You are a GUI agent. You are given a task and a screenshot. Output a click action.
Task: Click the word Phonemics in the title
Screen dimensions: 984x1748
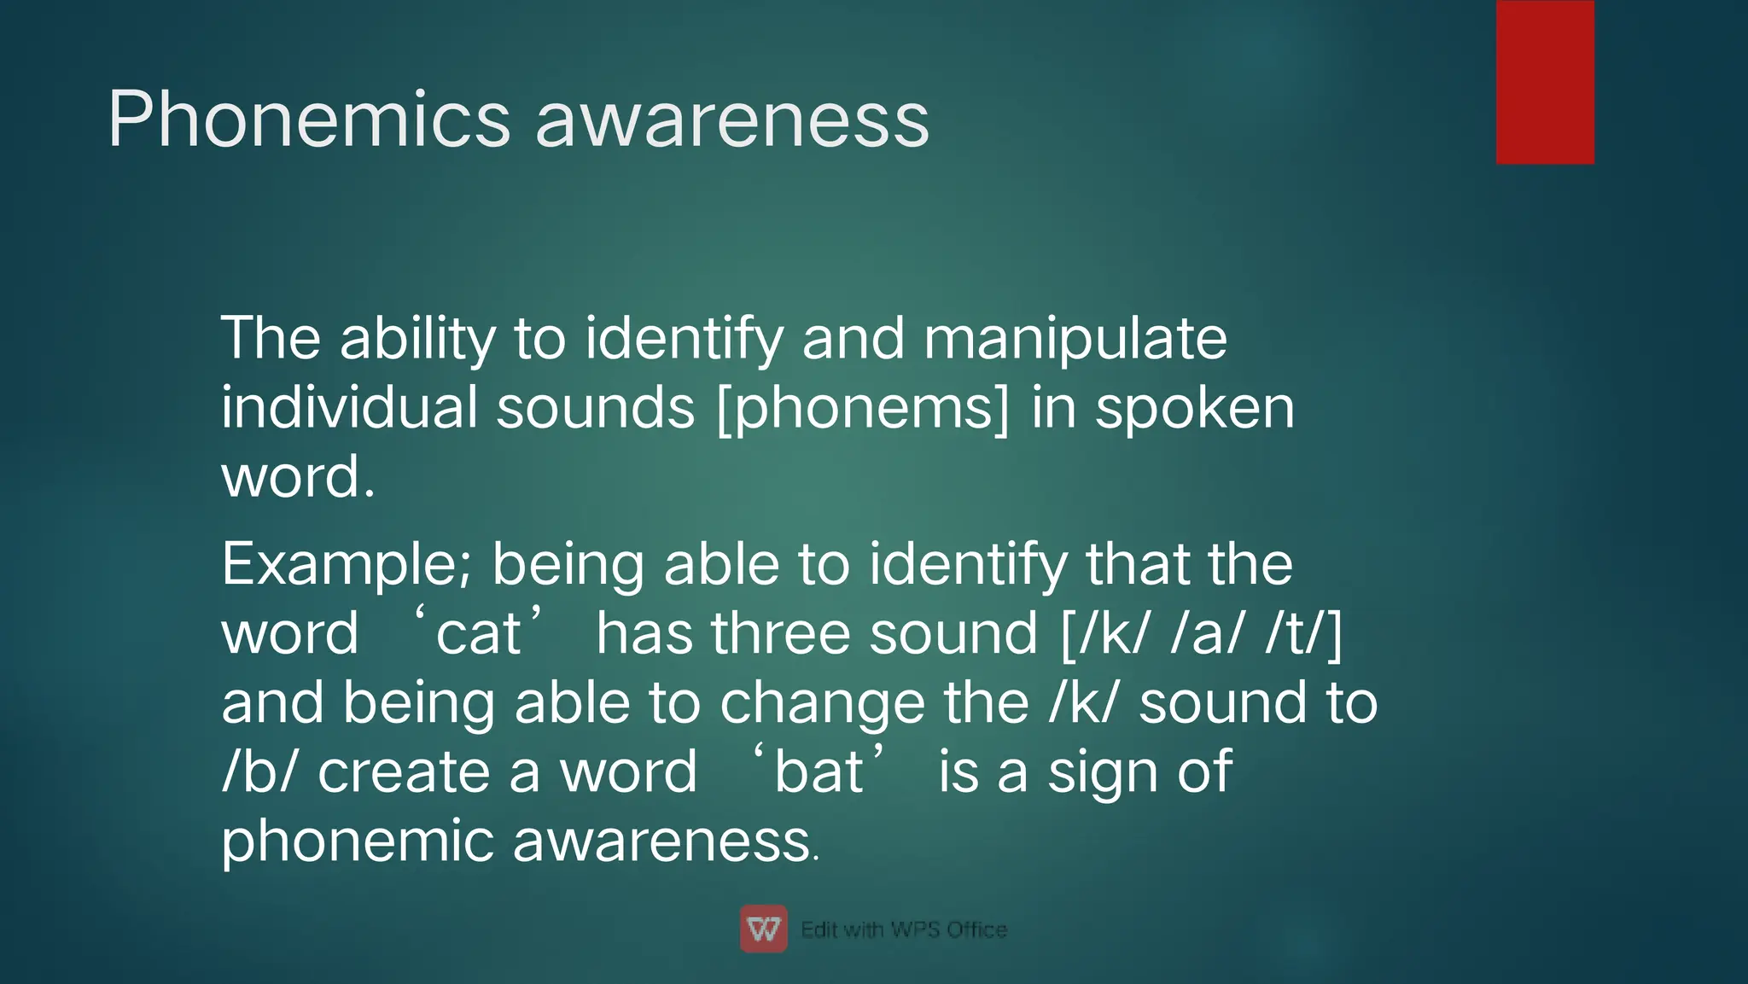click(308, 120)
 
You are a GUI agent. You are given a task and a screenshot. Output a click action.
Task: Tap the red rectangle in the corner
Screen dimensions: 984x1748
click(1545, 82)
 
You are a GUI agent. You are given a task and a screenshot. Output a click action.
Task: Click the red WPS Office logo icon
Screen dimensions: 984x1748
click(763, 929)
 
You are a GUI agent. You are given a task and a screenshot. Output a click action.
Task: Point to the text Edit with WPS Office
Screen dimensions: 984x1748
click(903, 929)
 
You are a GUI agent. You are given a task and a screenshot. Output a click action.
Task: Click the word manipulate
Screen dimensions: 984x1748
click(1075, 339)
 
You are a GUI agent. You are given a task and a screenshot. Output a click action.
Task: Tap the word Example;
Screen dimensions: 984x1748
click(346, 565)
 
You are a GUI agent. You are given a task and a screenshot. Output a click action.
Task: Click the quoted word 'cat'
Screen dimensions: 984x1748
click(478, 633)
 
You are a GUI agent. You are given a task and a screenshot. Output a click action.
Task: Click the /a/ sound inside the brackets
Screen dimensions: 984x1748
click(1207, 634)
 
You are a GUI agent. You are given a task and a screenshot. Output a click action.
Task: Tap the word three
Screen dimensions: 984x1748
click(780, 633)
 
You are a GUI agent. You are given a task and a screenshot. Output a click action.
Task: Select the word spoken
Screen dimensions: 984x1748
click(1194, 408)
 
